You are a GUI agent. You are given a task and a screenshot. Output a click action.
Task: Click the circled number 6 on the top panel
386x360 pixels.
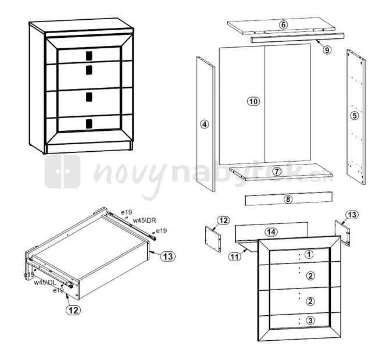click(x=283, y=24)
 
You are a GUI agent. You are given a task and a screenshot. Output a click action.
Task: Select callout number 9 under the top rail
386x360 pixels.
click(x=327, y=50)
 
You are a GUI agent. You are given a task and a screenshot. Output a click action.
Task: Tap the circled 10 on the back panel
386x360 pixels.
click(x=253, y=101)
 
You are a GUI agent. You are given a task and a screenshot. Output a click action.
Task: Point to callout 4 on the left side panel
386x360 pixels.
click(x=204, y=124)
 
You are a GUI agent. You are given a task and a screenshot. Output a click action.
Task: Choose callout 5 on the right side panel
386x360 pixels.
click(x=355, y=115)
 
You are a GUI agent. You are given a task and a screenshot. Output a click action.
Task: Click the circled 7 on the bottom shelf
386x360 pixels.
click(x=277, y=171)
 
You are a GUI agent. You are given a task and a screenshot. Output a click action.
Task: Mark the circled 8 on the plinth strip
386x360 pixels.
click(x=288, y=199)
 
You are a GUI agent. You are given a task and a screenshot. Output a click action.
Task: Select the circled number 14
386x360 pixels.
click(x=271, y=231)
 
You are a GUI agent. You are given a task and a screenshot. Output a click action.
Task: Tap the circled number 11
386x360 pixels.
click(x=235, y=257)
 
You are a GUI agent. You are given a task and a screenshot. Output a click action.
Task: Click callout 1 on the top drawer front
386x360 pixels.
click(x=309, y=254)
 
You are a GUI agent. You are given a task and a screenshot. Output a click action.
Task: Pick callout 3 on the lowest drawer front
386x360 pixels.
click(x=310, y=320)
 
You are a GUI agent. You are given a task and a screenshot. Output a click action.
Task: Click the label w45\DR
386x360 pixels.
click(x=145, y=220)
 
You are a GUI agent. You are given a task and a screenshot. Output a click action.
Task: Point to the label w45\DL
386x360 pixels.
click(x=45, y=283)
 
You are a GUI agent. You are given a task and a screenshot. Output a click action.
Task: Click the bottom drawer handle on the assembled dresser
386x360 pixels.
click(x=89, y=124)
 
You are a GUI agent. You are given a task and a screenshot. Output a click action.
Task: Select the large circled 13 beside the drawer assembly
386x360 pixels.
click(x=168, y=256)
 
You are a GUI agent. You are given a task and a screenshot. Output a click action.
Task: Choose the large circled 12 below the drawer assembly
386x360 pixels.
click(x=73, y=310)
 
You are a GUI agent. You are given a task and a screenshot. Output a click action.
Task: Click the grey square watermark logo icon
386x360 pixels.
click(x=63, y=172)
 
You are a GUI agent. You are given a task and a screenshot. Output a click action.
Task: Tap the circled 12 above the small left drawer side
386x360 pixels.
click(x=223, y=220)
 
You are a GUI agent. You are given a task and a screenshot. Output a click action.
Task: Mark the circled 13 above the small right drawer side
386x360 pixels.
click(x=352, y=215)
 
